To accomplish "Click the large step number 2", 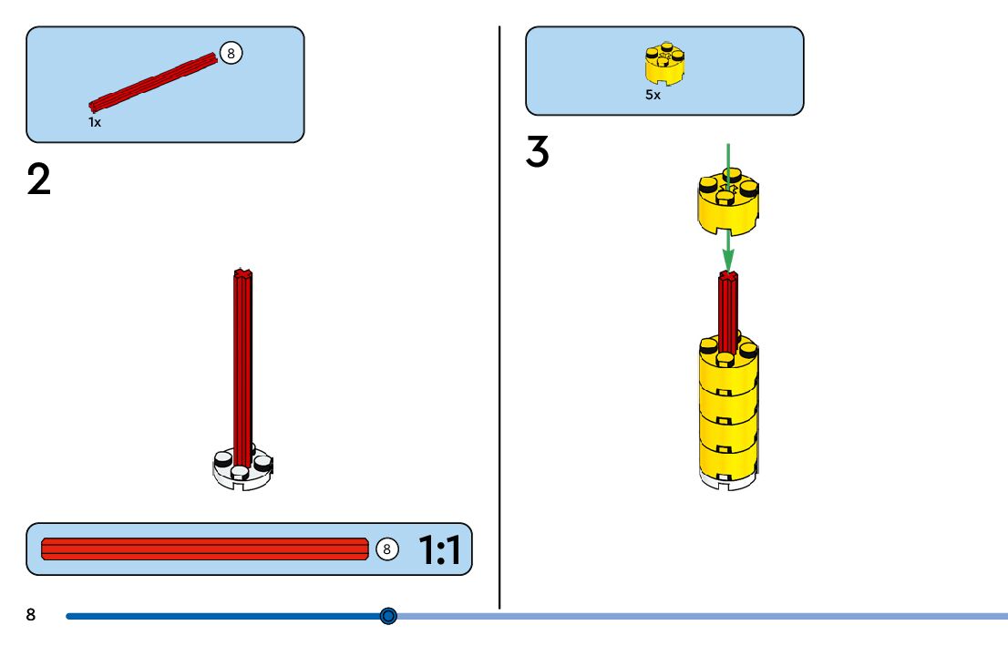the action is pos(39,179).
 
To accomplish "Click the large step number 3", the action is pos(538,152).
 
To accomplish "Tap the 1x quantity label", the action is pos(95,122).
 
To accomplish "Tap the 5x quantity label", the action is pos(653,95).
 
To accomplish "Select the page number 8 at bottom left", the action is pos(31,615).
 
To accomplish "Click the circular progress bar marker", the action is pos(388,616).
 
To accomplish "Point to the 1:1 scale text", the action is pos(439,549).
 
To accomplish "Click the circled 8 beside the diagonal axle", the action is pos(231,54).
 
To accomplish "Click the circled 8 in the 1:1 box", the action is pos(386,549).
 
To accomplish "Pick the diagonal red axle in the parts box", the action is pos(153,83).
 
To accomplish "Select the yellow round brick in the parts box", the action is pos(664,64).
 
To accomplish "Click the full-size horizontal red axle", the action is pos(205,549).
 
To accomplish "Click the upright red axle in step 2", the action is pos(242,364).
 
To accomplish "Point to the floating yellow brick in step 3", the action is pos(728,205).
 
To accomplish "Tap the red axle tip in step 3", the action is pos(728,275).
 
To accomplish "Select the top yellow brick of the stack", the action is pos(728,360).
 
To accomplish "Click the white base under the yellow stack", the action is pos(728,479).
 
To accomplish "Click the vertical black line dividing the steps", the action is pos(499,319).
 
